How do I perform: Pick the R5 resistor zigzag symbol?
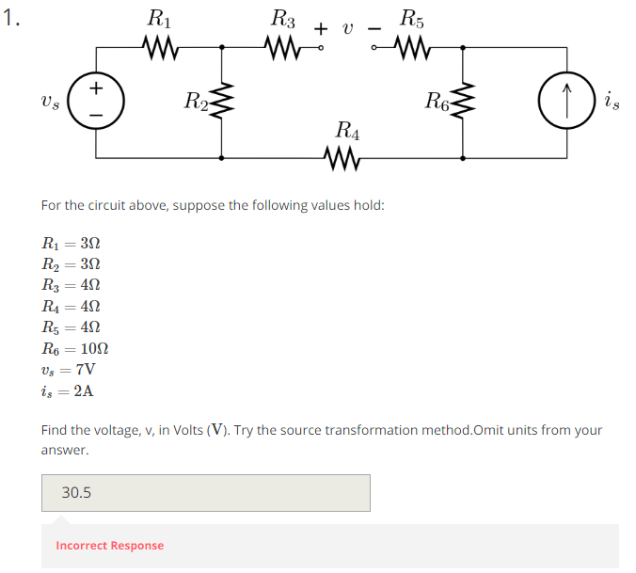point(411,45)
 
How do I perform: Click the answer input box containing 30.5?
point(205,492)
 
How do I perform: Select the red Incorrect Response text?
point(109,546)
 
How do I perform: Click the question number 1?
point(11,22)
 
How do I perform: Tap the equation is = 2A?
point(67,390)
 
